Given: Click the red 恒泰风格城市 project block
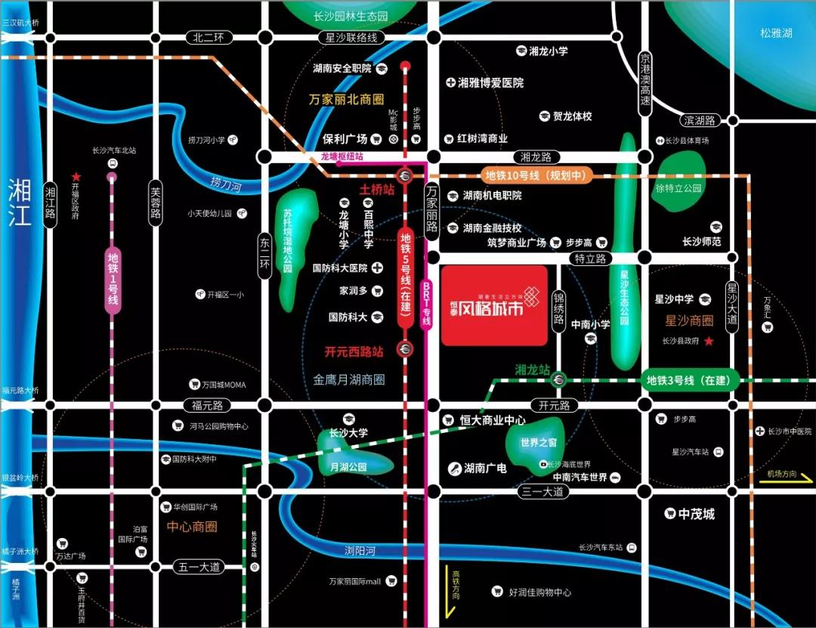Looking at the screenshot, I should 494,305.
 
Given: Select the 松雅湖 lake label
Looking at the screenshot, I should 776,33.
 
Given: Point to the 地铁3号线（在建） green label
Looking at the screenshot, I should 691,380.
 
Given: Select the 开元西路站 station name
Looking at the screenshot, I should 354,351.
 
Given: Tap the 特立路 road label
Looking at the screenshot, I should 590,258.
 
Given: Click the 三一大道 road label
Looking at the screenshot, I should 542,491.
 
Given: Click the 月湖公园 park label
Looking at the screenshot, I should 348,467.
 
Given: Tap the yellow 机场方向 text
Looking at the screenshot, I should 781,474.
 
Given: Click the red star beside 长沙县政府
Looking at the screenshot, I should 709,342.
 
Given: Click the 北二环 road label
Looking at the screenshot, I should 209,37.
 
